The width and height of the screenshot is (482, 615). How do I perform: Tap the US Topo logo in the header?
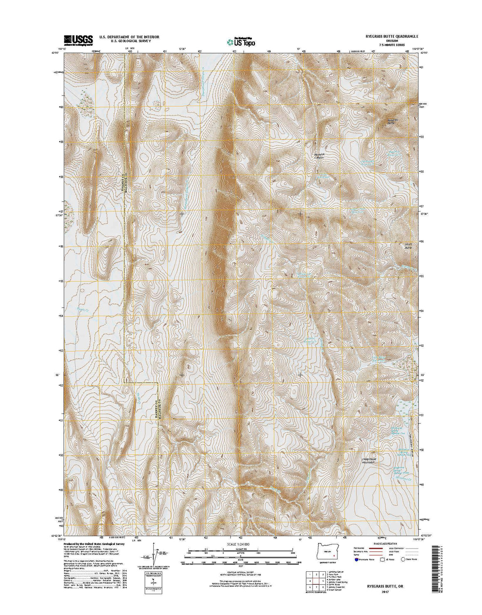pyautogui.click(x=241, y=42)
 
